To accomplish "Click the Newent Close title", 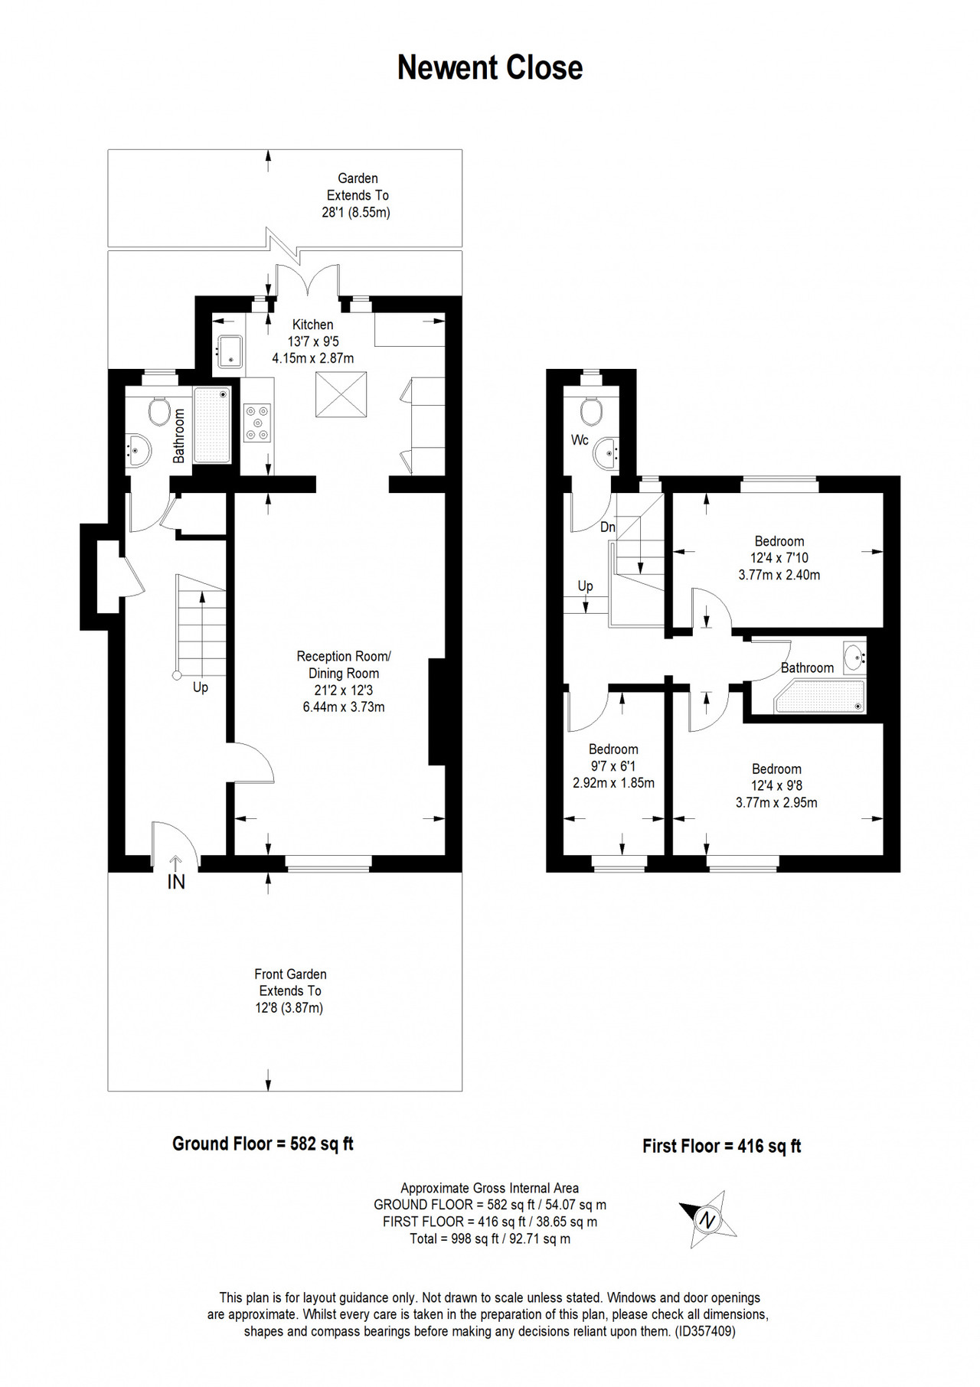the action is (x=490, y=68).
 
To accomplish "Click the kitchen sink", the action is (x=230, y=351).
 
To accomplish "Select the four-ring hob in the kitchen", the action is (x=257, y=423).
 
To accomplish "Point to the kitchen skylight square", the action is (x=341, y=394).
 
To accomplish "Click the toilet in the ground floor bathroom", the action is (x=159, y=411).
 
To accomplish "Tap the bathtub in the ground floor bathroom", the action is (x=212, y=426).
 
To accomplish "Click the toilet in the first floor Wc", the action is (x=591, y=410).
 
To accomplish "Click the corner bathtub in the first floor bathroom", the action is (x=820, y=696).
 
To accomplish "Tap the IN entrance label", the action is (x=176, y=882).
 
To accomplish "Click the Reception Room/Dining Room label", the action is (x=344, y=664).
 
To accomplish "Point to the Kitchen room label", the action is (x=313, y=325).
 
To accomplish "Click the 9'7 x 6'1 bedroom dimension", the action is (x=613, y=766).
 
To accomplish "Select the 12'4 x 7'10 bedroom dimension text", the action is (x=779, y=558).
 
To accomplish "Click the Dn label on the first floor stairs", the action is (x=608, y=527).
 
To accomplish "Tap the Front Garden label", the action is (x=291, y=974).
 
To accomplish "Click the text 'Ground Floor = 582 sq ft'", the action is (x=263, y=1144).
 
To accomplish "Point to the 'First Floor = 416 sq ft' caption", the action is (x=722, y=1146).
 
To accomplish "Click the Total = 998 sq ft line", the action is (x=490, y=1239).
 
